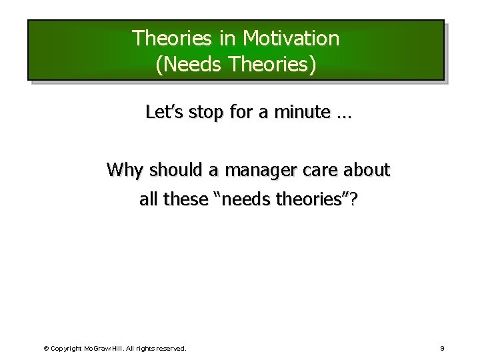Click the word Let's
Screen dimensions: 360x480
coord(163,113)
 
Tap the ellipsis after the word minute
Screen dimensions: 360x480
coord(344,115)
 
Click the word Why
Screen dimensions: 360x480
coord(125,171)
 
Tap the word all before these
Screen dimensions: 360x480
coord(149,199)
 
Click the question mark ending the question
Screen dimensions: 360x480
coord(352,199)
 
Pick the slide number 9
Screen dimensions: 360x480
coord(442,348)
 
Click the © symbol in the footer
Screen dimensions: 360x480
coord(46,348)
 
